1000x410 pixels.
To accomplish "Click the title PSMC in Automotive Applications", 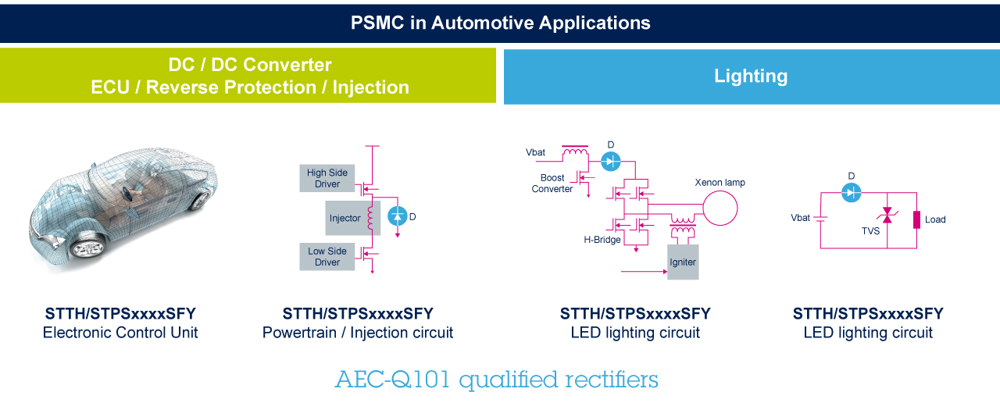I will click(500, 23).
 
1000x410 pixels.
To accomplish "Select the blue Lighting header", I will click(751, 76).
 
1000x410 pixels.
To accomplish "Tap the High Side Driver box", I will click(327, 178).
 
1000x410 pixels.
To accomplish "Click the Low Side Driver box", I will click(327, 257).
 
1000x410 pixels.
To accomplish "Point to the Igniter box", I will click(683, 262).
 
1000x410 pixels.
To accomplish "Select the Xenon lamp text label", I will click(720, 183).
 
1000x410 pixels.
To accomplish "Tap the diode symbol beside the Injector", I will click(398, 216).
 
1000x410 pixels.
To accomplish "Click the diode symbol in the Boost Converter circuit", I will click(611, 161).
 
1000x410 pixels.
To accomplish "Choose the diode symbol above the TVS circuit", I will click(852, 192).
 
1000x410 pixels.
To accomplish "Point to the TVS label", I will click(870, 231).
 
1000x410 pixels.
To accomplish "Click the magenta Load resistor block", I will click(916, 219).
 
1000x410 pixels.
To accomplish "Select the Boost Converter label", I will click(552, 184).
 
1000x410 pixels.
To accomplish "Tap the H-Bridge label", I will click(602, 240).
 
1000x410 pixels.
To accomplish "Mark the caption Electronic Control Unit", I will click(120, 333).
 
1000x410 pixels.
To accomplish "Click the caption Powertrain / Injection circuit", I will click(358, 333).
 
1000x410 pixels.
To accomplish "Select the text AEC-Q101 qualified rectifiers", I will click(497, 380).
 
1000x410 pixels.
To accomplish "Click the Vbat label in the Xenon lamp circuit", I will click(536, 152).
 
